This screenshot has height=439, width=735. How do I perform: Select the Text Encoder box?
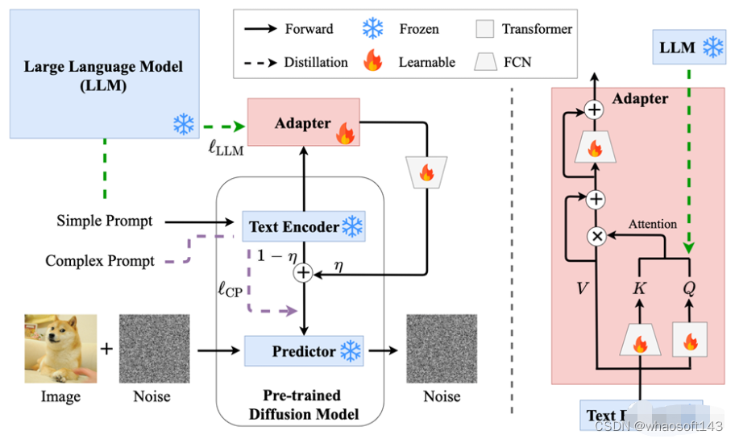303,226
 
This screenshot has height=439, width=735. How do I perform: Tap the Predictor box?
303,351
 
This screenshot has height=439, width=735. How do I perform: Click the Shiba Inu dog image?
60,348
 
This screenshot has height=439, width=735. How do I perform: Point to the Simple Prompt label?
105,220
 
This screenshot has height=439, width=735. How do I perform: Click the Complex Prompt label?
100,260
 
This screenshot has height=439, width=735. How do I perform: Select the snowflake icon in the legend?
372,29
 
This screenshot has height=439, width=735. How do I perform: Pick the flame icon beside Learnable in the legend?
372,61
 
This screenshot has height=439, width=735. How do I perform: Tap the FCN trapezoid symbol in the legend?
484,61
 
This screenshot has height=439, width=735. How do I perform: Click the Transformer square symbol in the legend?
484,30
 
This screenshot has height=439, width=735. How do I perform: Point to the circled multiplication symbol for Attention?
597,236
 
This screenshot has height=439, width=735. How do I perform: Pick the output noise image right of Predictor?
442,349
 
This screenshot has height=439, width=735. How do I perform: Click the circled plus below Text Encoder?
304,274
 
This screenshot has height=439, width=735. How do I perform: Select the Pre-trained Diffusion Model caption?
301,405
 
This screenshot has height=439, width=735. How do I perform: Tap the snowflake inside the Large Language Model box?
184,124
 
